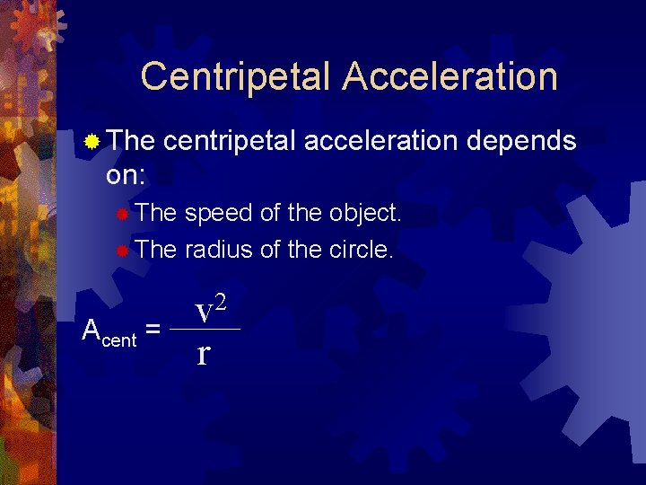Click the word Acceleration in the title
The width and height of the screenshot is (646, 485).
point(450,76)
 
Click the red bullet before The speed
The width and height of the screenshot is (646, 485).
point(123,215)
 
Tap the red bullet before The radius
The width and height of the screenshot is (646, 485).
point(123,251)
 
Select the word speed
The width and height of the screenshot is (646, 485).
point(219,214)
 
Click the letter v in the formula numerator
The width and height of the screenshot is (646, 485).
point(204,313)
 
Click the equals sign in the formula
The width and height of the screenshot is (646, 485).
point(153,331)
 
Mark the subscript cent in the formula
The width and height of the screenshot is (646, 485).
point(119,339)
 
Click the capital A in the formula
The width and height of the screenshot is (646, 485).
point(91,330)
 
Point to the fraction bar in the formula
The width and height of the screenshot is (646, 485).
point(205,330)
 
